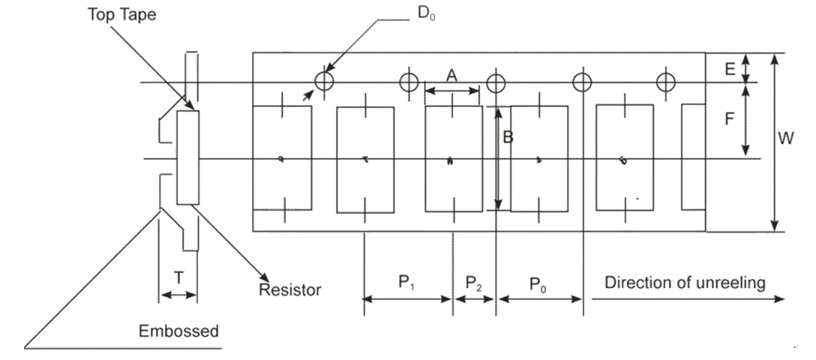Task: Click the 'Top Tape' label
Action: point(121,14)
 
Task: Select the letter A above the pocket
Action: point(451,75)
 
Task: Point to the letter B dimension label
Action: point(508,137)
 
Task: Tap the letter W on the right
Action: point(787,138)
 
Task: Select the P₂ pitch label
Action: point(474,283)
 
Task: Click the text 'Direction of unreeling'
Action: point(685,283)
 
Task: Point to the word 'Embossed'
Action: point(178,331)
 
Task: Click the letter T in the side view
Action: point(178,277)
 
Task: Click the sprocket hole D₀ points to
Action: point(324,80)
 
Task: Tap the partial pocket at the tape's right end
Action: point(693,157)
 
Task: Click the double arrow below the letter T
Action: point(178,295)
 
